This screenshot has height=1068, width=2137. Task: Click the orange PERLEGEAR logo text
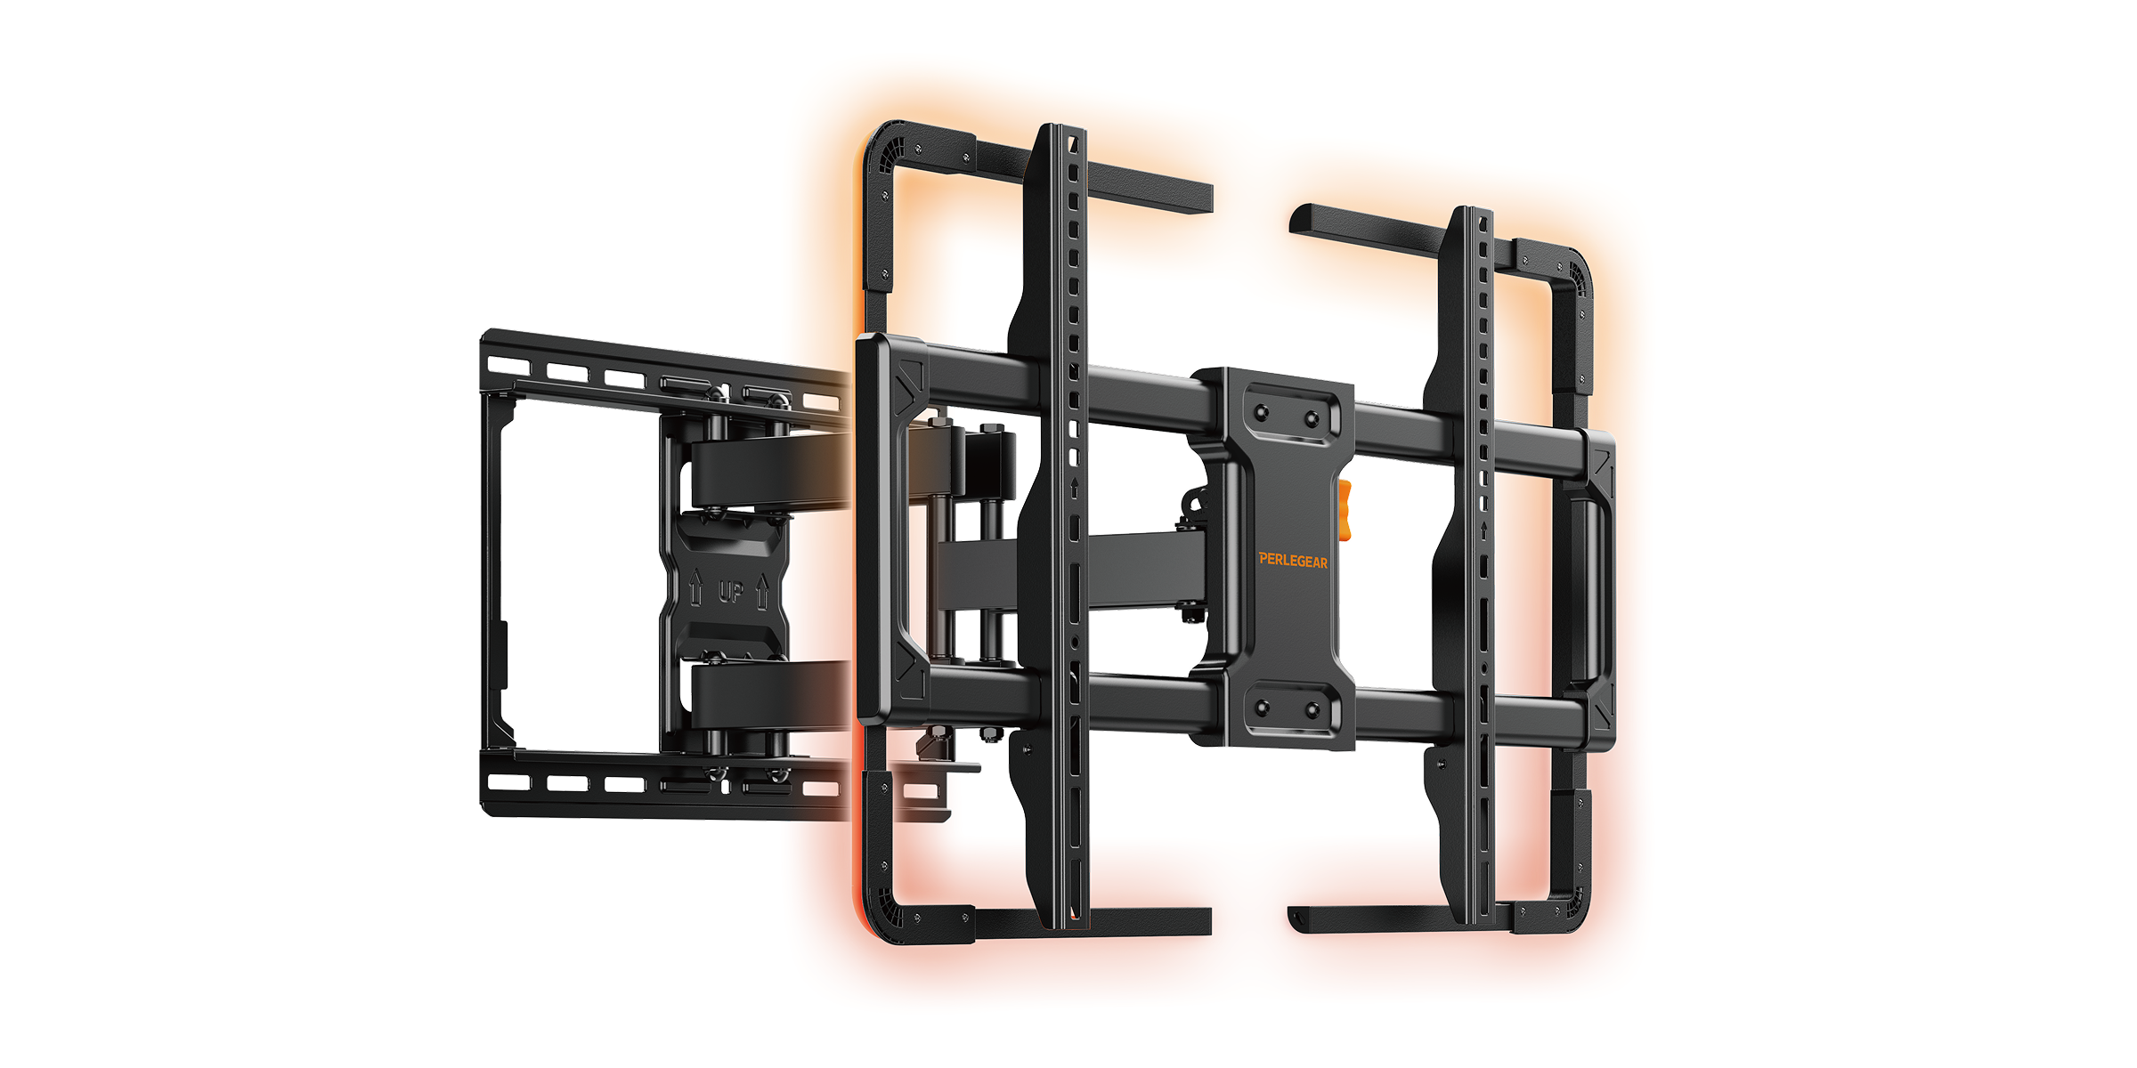tap(1293, 560)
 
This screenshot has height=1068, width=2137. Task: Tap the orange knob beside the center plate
tap(1345, 510)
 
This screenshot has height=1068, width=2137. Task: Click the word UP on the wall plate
tap(731, 591)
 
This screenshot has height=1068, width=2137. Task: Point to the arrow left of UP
tap(696, 589)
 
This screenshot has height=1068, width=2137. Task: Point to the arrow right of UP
tap(762, 592)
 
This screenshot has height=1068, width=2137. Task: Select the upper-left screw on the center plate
tap(1261, 413)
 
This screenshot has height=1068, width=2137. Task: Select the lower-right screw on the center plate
tap(1312, 709)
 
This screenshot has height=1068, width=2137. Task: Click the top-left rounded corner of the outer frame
tap(882, 147)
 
